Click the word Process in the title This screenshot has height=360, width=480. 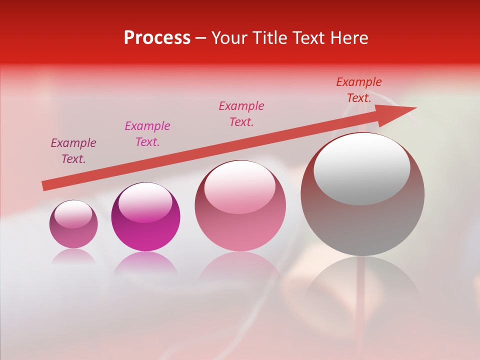(157, 38)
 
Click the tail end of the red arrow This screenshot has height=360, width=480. (45, 185)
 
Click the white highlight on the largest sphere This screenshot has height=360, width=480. (362, 168)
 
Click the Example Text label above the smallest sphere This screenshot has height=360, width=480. (73, 151)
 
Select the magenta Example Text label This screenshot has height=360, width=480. (147, 134)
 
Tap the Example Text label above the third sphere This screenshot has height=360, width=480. (241, 114)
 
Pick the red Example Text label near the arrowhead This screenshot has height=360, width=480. (359, 90)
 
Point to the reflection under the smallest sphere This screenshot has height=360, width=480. (73, 256)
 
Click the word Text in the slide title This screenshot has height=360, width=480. (308, 38)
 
